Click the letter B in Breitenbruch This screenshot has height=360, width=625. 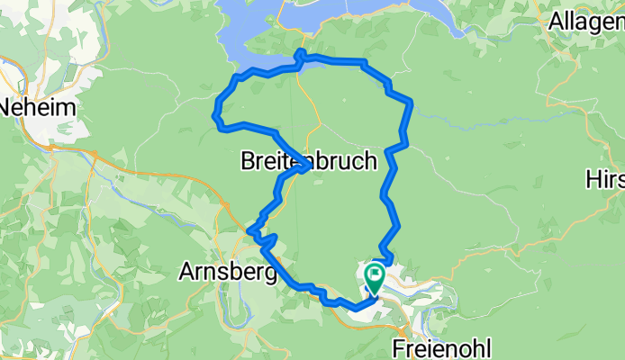point(249,161)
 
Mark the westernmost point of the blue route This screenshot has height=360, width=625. point(214,114)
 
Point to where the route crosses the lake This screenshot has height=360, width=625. point(300,56)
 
